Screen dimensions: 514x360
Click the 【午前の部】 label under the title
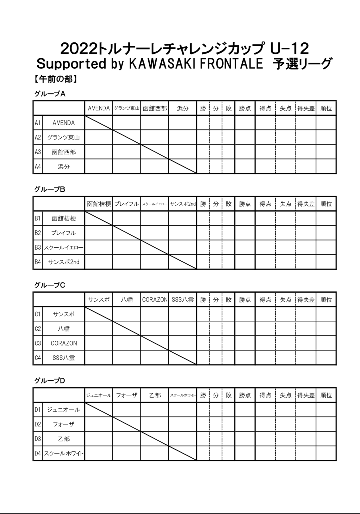(56, 79)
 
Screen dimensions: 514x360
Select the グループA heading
(50, 94)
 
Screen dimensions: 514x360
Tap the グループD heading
(50, 381)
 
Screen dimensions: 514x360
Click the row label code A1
(38, 123)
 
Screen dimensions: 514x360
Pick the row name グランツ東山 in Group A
(64, 137)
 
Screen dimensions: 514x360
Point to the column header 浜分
(183, 108)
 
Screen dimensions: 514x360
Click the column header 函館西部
(155, 108)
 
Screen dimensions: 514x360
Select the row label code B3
(38, 247)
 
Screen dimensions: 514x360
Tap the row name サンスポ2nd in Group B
(64, 262)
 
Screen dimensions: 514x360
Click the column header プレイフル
(127, 204)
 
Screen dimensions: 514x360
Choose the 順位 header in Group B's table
(326, 204)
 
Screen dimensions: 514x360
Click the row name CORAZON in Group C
(64, 343)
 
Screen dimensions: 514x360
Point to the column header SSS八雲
(183, 300)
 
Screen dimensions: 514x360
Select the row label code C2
(38, 329)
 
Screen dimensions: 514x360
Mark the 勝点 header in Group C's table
(245, 300)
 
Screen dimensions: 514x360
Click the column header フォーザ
(127, 395)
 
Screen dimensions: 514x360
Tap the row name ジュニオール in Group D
(64, 410)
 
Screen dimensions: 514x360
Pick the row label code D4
(38, 453)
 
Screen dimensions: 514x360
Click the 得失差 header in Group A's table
(306, 108)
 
